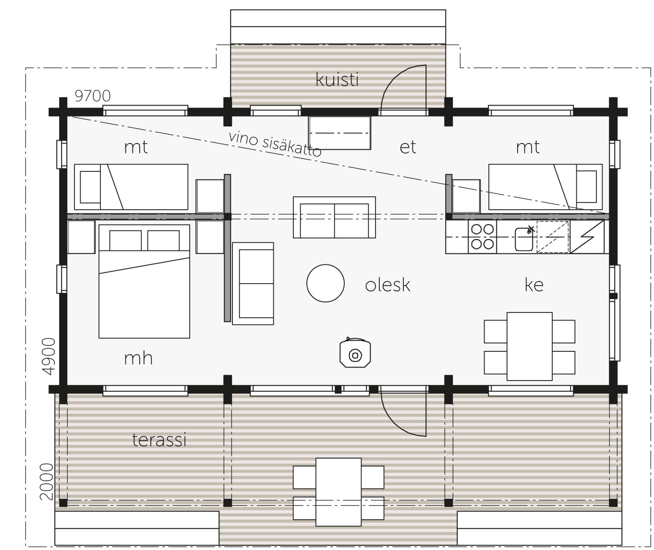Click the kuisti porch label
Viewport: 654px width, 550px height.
(x=337, y=80)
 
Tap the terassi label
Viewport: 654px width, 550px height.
(x=159, y=440)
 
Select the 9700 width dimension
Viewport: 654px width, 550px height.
(x=93, y=96)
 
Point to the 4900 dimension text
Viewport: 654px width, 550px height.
(x=48, y=356)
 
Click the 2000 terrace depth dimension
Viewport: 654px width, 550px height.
(x=47, y=481)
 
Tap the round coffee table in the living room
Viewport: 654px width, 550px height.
(x=326, y=283)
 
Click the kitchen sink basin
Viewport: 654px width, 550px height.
(x=524, y=239)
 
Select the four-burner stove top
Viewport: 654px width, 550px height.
(x=483, y=237)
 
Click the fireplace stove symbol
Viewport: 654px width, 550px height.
(x=355, y=354)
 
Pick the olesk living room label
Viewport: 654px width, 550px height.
(x=388, y=285)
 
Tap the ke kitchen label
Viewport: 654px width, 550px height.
(x=534, y=285)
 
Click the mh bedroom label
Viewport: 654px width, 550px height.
(x=138, y=358)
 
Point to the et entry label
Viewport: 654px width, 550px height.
(x=408, y=147)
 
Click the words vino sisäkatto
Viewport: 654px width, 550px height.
(x=275, y=144)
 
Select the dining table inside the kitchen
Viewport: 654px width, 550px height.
(x=529, y=347)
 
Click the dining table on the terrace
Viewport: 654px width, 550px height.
(x=338, y=492)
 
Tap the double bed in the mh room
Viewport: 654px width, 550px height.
(x=144, y=281)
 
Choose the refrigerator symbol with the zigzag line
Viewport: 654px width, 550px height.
(x=587, y=237)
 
